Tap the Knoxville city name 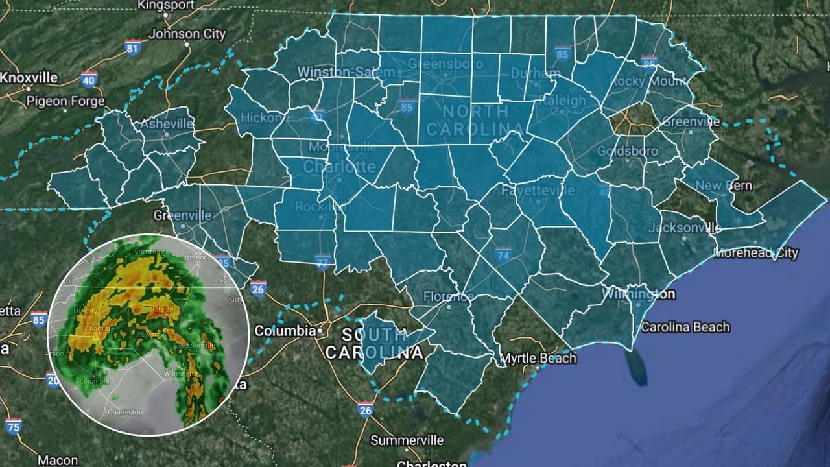[29, 77]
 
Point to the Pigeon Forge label [65, 101]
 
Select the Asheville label [167, 123]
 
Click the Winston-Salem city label [346, 71]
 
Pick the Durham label [527, 74]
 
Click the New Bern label [724, 186]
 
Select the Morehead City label [756, 253]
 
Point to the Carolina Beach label [685, 327]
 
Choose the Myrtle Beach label [538, 358]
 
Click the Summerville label [407, 440]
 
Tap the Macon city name [58, 461]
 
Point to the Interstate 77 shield [323, 260]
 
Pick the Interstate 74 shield [503, 254]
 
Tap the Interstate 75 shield [13, 425]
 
